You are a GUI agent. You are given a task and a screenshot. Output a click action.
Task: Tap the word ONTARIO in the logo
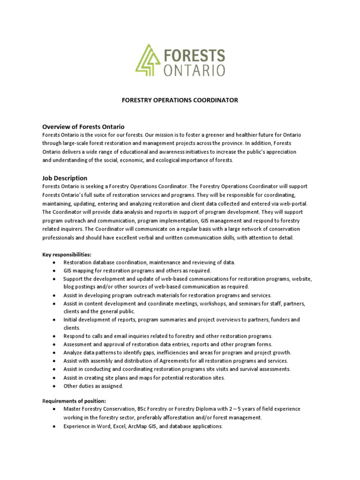[194, 70]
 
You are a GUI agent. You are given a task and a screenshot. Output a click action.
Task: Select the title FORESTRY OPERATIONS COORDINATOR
[180, 100]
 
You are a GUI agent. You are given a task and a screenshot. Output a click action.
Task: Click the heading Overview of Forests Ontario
[83, 127]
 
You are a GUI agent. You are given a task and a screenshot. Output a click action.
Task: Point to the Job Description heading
[65, 178]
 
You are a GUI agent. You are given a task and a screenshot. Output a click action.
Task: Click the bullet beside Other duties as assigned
[55, 386]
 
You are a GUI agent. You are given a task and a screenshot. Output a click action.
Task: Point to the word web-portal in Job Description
[292, 203]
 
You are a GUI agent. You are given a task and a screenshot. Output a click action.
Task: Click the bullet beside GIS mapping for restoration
[55, 270]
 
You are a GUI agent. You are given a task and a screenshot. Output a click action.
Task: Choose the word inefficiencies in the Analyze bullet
[177, 352]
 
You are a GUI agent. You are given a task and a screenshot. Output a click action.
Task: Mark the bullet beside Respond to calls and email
[55, 336]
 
